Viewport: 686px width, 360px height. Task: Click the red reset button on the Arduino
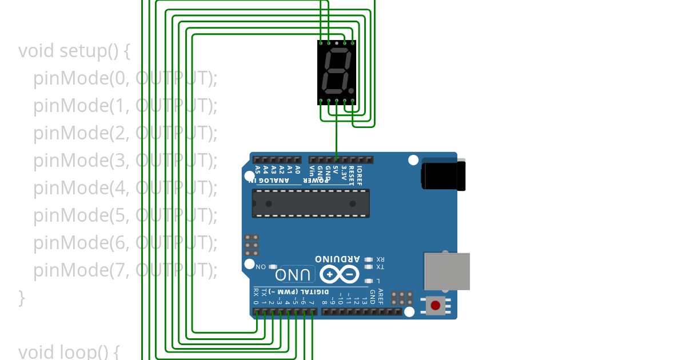coord(436,305)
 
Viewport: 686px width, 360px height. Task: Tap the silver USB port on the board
coord(446,271)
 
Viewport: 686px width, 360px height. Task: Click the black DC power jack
coord(443,175)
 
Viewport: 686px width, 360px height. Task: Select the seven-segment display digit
coord(336,72)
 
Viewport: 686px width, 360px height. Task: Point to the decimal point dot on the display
coord(351,90)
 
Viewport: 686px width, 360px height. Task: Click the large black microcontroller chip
coord(310,203)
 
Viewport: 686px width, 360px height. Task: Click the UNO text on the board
coord(296,275)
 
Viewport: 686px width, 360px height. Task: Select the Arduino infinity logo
coord(340,275)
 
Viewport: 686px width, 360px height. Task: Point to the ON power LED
coord(273,267)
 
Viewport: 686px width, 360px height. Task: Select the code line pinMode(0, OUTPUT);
coord(125,78)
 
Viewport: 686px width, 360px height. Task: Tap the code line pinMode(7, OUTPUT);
coord(125,270)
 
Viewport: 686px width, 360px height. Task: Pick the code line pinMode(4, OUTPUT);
coord(125,187)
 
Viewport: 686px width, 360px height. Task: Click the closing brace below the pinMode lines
coord(22,297)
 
